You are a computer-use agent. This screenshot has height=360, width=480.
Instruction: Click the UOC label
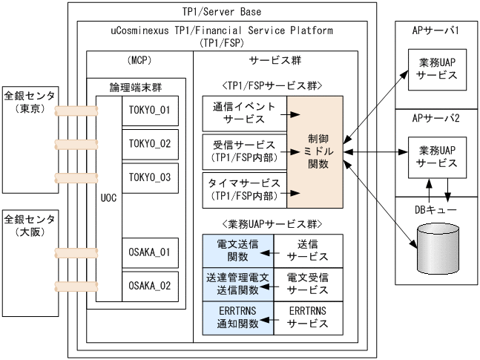pos(108,200)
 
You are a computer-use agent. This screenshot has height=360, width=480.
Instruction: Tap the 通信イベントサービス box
pos(244,115)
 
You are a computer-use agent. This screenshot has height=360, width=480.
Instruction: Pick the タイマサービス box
pos(244,189)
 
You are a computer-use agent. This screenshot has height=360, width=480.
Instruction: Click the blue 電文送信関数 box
pos(238,250)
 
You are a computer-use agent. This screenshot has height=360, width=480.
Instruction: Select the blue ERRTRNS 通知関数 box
pos(238,318)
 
